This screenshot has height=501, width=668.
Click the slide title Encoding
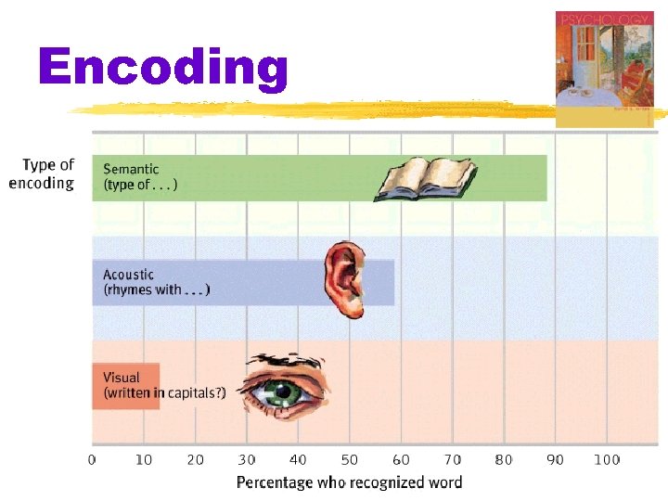[163, 69]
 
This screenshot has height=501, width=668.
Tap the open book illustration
[426, 180]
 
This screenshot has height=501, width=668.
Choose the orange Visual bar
[125, 385]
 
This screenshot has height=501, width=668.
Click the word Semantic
[131, 169]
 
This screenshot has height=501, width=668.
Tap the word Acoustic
[129, 275]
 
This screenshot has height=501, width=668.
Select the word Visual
[122, 378]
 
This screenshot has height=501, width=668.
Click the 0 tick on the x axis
[92, 459]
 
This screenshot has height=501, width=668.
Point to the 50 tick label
[350, 459]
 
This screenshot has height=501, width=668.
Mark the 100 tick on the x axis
[606, 459]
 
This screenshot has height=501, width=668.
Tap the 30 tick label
[247, 459]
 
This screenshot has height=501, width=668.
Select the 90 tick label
[555, 459]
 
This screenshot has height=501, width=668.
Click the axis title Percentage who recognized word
[349, 482]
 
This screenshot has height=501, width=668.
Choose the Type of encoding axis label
[44, 173]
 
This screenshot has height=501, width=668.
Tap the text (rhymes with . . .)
[157, 289]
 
